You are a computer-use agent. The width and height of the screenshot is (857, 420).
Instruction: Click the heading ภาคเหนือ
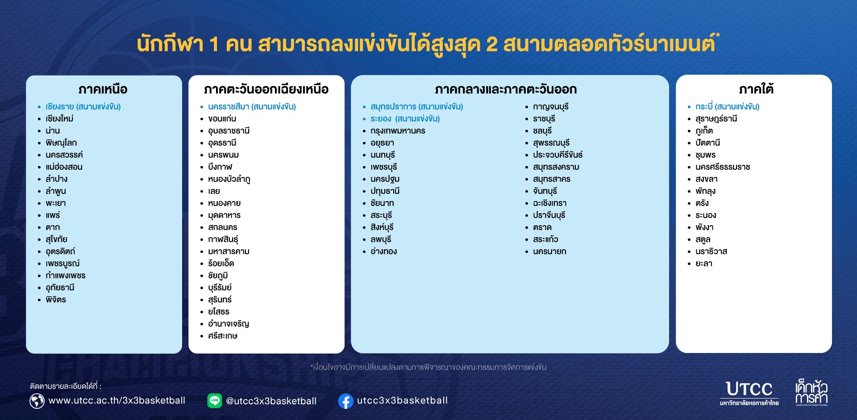103,89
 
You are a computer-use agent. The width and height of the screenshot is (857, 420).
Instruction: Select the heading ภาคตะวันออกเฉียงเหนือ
266,89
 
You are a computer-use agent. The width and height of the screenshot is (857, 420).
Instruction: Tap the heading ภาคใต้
756,89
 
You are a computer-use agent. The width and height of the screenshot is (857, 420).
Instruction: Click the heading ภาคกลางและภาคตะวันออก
506,89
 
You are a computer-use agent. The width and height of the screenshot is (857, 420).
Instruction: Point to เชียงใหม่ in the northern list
59,118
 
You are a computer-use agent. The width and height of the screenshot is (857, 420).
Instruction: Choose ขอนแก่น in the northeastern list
222,118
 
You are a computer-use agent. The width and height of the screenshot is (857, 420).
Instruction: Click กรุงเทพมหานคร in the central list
398,131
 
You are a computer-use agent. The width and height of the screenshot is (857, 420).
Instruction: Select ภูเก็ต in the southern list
704,130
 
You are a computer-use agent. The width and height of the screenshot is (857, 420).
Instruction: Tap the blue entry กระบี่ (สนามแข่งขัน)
727,106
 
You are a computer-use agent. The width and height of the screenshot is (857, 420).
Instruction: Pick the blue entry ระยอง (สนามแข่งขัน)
405,118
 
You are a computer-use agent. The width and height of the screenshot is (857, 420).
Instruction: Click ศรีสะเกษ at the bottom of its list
222,336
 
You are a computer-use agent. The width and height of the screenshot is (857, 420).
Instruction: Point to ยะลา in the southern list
703,263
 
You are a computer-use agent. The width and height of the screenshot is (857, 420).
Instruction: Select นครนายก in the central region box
549,251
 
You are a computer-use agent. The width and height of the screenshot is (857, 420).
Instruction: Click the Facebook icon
346,401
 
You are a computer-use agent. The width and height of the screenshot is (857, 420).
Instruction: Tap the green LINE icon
215,400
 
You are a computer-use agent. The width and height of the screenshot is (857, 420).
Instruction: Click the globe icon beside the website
37,401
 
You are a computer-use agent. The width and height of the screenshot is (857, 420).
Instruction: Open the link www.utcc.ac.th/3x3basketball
116,401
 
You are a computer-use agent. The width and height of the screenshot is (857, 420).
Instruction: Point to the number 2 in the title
491,44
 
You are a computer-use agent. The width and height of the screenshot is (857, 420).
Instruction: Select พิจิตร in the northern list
56,299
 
